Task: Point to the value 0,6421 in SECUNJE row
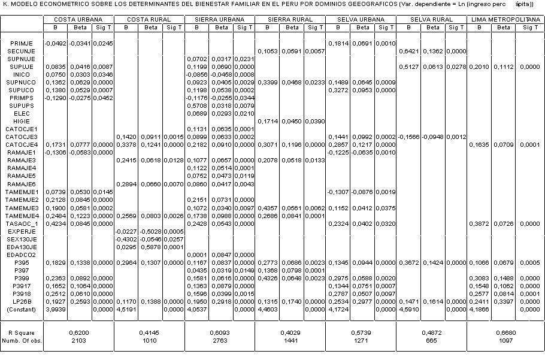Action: coord(410,52)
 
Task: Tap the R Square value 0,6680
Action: coord(506,331)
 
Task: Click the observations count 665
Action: coord(431,340)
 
